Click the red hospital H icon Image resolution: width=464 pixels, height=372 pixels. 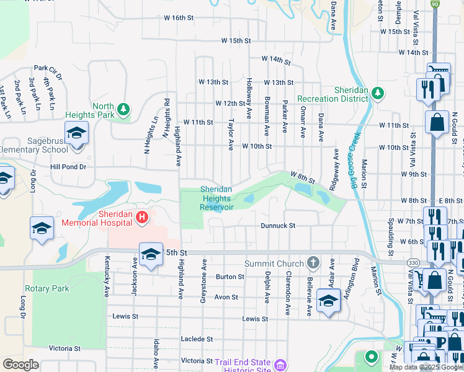pyautogui.click(x=141, y=217)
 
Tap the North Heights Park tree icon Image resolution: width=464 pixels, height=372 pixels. pyautogui.click(x=123, y=110)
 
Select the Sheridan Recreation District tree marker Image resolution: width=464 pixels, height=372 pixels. pyautogui.click(x=377, y=94)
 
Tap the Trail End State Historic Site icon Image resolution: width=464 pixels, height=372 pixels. pyautogui.click(x=280, y=365)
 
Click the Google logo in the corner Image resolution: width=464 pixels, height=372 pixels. pyautogui.click(x=20, y=365)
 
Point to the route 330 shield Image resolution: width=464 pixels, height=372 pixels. pyautogui.click(x=413, y=263)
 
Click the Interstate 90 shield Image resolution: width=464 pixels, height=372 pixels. pyautogui.click(x=435, y=4)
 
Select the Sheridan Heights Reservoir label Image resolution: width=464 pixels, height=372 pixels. pyautogui.click(x=216, y=198)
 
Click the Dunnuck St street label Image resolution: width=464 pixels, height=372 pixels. pyautogui.click(x=277, y=226)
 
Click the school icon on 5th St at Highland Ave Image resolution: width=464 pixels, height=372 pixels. pyautogui.click(x=150, y=254)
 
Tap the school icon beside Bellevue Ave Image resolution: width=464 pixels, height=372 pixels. pyautogui.click(x=328, y=301)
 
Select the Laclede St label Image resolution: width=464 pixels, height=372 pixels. pyautogui.click(x=197, y=340)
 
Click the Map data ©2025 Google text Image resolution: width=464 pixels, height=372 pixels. pyautogui.click(x=426, y=367)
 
